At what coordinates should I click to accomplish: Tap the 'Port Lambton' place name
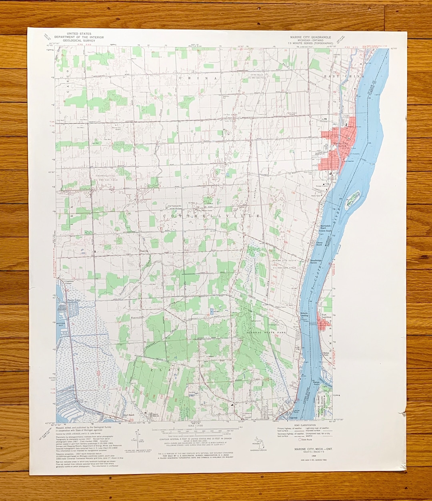click(x=327, y=316)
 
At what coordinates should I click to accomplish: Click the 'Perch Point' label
click(x=74, y=300)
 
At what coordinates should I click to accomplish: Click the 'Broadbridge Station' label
click(x=316, y=261)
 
